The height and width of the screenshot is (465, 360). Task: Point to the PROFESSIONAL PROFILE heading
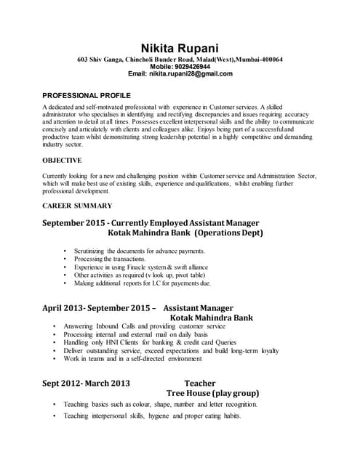coord(87,95)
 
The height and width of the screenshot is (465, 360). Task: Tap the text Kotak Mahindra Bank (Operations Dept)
coord(185,233)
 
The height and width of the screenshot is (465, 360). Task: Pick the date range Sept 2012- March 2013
coord(86,383)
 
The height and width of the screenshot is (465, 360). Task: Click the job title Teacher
coord(200,383)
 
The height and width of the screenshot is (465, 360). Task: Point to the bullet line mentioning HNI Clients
coord(150,342)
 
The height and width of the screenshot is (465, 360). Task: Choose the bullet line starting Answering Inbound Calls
coord(145,326)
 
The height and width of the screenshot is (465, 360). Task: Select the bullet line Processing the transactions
coord(110,259)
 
